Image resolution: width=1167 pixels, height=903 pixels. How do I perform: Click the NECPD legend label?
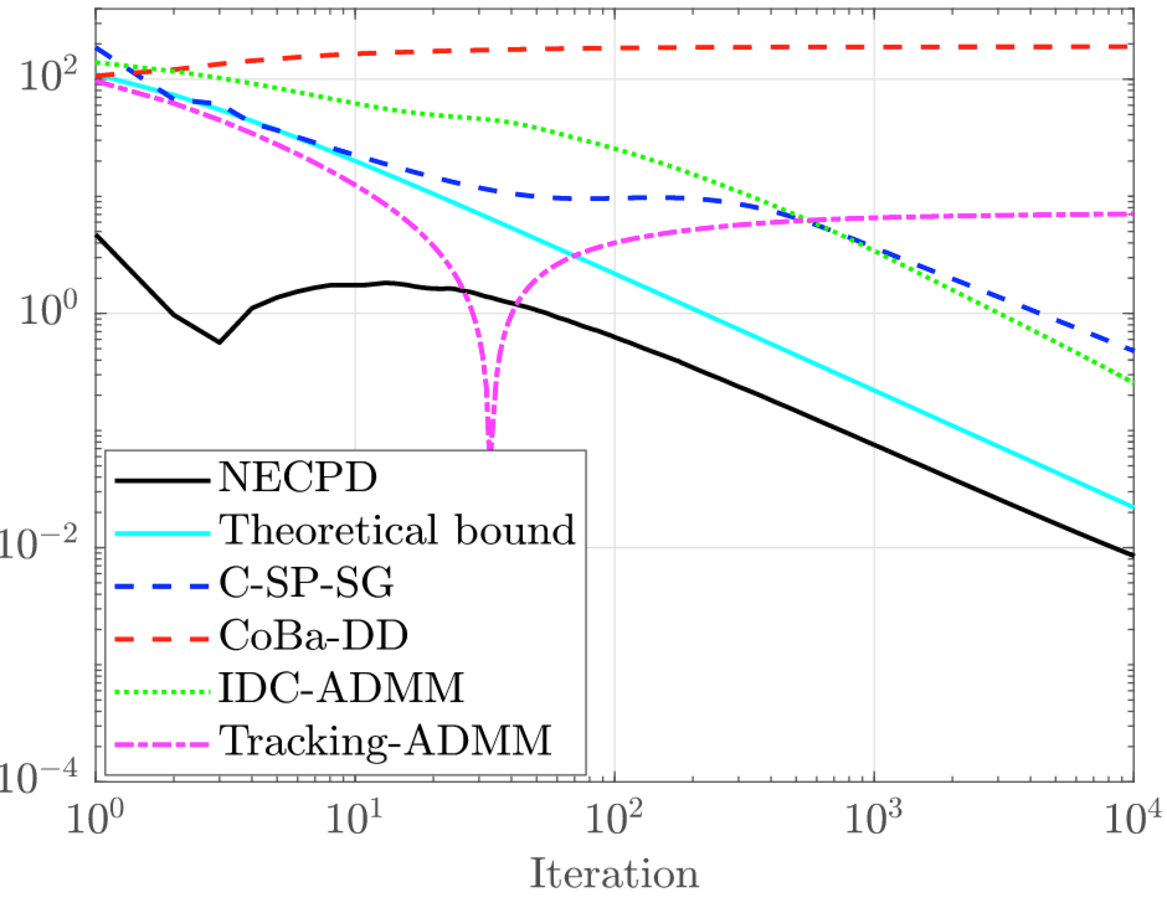[x=297, y=478]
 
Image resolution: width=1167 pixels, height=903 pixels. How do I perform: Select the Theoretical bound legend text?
[x=398, y=531]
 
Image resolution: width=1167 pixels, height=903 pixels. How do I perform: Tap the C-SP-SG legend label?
[x=306, y=584]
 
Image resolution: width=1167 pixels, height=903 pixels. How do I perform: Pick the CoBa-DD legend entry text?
[x=313, y=636]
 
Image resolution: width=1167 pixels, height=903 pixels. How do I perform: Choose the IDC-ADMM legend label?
[x=341, y=688]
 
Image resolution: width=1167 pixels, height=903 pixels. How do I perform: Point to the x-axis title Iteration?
[x=614, y=874]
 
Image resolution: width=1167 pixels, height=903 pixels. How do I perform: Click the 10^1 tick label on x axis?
[x=354, y=819]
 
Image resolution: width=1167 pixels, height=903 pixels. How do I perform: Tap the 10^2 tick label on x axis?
[x=614, y=819]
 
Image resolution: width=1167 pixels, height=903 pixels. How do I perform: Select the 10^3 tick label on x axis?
[x=873, y=819]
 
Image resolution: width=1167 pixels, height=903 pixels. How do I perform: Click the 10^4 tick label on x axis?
[x=1133, y=819]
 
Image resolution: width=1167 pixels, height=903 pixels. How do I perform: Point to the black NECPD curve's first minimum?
[x=219, y=342]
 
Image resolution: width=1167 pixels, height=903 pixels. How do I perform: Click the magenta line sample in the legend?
[x=161, y=741]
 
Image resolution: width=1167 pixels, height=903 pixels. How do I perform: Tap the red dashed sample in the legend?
[x=161, y=636]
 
